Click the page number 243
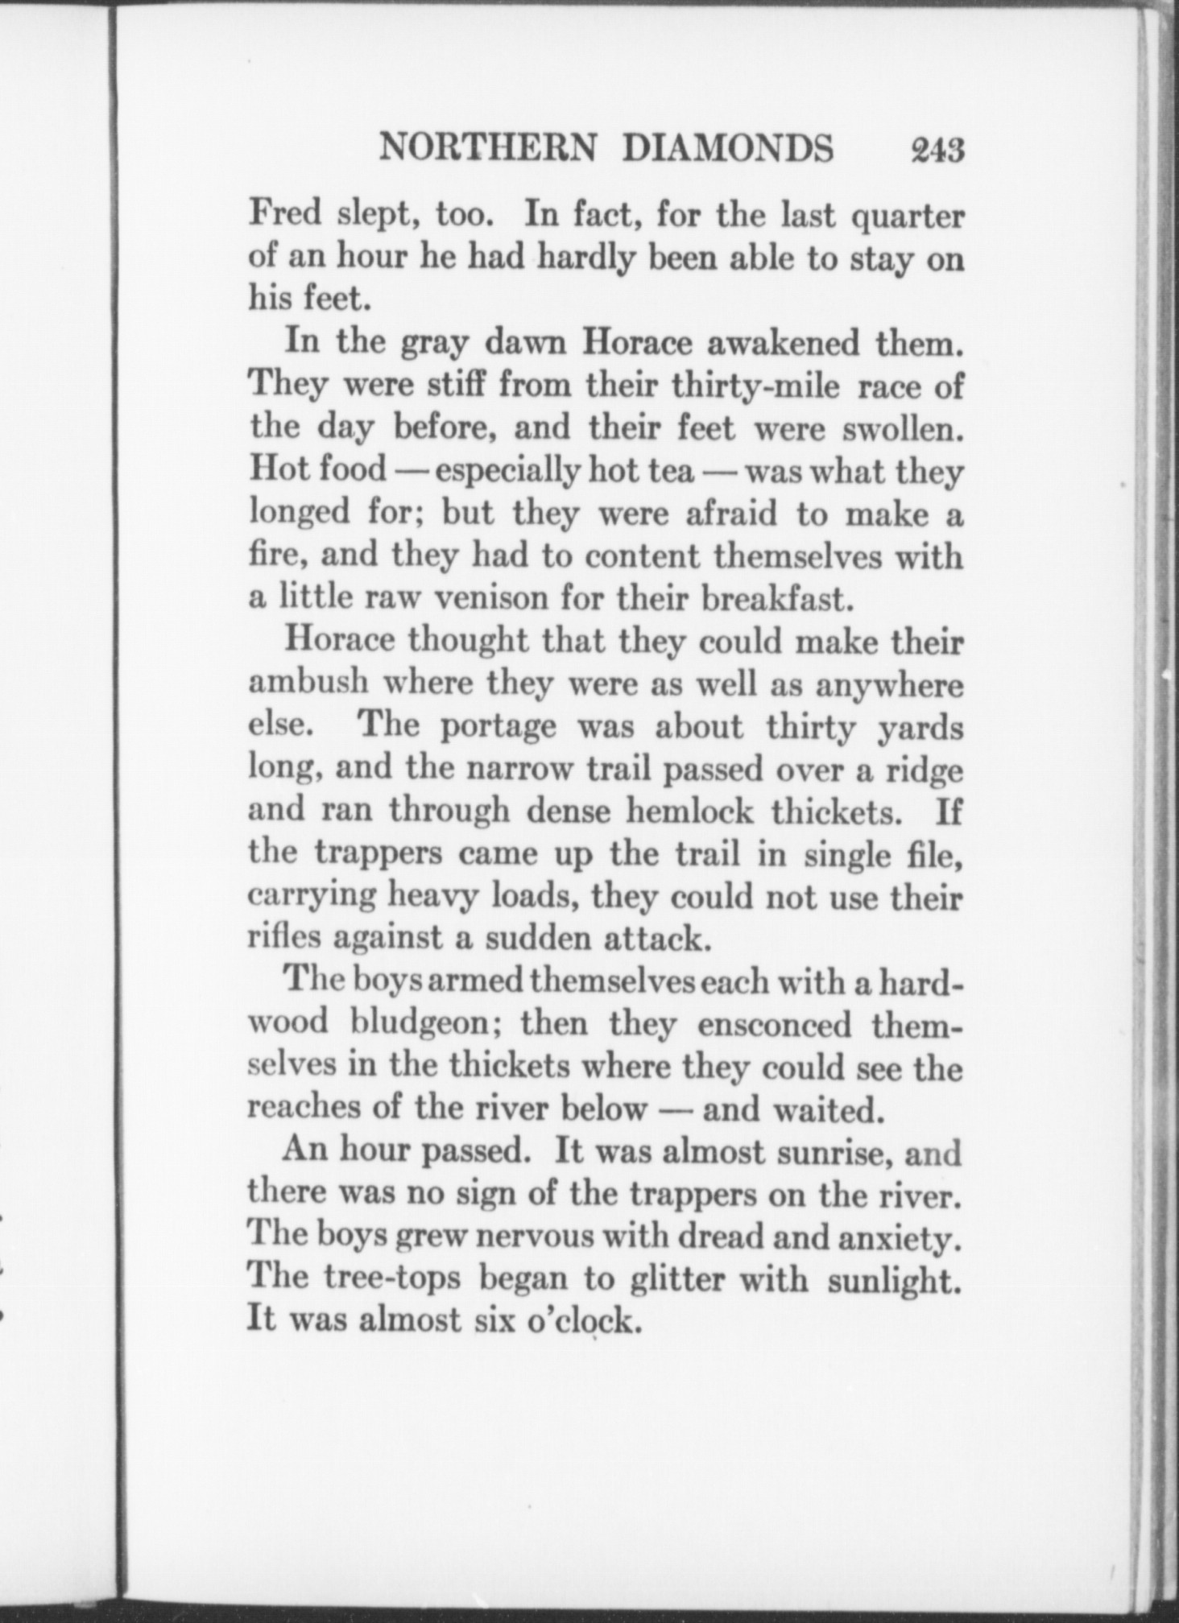[937, 150]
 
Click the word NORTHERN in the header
[488, 149]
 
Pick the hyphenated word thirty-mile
[755, 388]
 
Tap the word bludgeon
[428, 1025]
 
